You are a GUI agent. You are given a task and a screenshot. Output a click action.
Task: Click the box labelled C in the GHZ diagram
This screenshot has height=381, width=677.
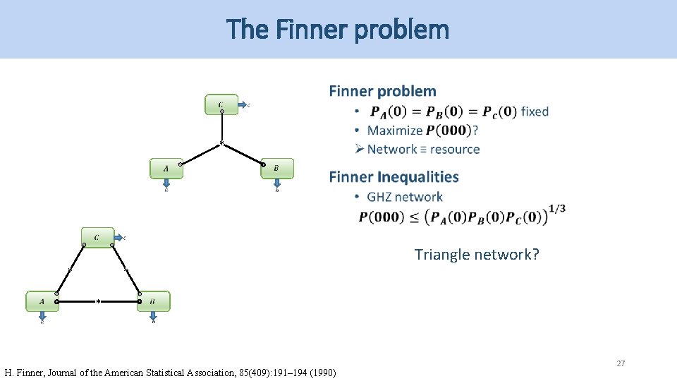(x=221, y=104)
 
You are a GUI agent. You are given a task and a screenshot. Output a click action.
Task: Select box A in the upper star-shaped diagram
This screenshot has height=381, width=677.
(x=166, y=169)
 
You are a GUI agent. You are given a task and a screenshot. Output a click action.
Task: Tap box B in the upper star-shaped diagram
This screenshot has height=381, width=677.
(x=276, y=169)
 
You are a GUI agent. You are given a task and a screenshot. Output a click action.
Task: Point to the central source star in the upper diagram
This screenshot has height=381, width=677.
(x=221, y=144)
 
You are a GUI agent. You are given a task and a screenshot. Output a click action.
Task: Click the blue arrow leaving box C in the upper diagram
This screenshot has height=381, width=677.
(x=242, y=105)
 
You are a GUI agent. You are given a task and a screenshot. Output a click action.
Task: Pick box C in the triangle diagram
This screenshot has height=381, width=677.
(x=97, y=237)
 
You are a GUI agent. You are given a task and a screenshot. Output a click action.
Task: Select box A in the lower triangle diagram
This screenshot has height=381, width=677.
(x=42, y=301)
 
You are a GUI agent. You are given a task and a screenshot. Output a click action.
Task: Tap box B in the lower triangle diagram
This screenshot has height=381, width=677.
(x=153, y=301)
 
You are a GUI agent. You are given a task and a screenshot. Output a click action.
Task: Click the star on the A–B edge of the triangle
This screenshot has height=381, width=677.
(x=98, y=301)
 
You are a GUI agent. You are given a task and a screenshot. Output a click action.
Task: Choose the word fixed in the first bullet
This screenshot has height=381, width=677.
(x=535, y=111)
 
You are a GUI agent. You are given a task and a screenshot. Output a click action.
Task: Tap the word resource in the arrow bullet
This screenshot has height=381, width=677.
(x=455, y=150)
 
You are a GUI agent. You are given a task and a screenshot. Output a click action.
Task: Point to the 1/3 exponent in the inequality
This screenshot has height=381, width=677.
(x=556, y=208)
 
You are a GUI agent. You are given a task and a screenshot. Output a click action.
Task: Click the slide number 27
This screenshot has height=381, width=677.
(x=621, y=363)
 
